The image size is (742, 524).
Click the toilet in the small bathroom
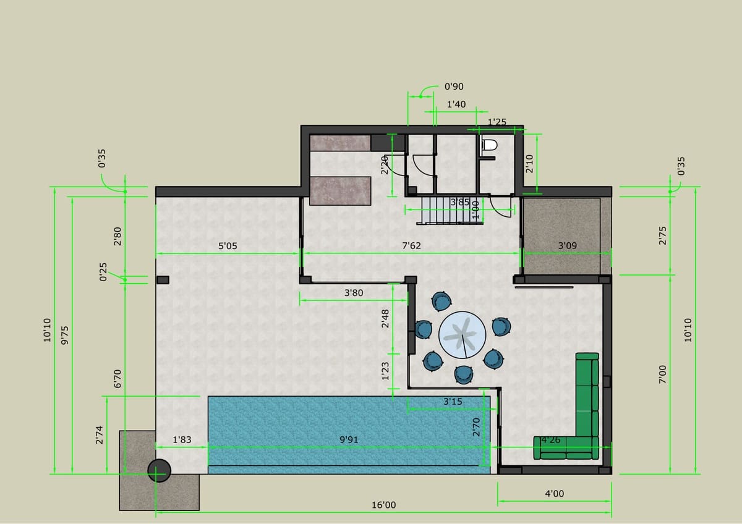pos(489,145)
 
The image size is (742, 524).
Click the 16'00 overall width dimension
pos(383,505)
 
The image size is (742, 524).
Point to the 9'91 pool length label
pos(349,439)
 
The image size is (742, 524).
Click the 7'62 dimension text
pos(411,245)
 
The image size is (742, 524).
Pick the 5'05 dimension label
pos(228,245)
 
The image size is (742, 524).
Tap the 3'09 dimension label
pos(567,245)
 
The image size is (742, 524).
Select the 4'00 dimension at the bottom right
pos(554,494)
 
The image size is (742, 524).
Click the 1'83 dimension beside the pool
pos(182,439)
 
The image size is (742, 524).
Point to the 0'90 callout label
pos(454,87)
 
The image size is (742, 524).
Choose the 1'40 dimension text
pos(456,104)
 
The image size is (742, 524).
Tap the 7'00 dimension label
pos(662,374)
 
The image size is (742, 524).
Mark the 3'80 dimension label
pos(354,292)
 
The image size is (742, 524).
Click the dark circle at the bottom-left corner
pos(159,471)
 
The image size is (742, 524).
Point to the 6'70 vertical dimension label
pos(117,376)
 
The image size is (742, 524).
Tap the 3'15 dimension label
pos(453,402)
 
